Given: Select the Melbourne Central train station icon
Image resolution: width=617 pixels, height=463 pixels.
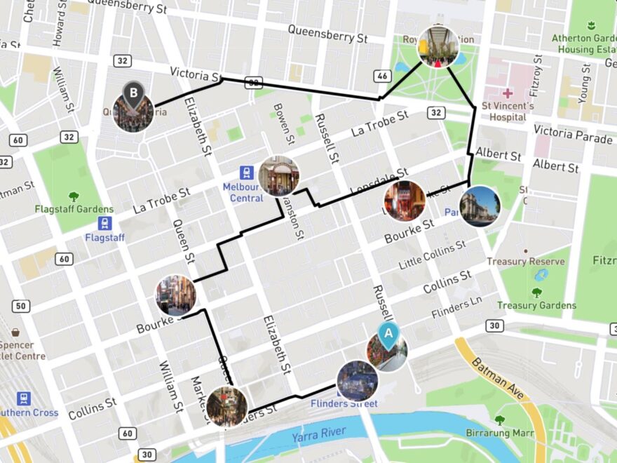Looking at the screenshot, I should [x=246, y=173].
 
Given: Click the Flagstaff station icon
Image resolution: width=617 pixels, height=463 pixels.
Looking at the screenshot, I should [x=104, y=224].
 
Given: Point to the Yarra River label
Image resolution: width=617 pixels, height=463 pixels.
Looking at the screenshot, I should [x=320, y=437].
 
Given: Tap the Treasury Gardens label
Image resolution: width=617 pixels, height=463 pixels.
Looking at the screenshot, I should [x=536, y=305].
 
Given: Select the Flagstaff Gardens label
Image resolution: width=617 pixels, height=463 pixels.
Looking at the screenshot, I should [x=74, y=209].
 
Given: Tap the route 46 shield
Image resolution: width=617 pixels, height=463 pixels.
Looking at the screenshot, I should [x=383, y=76].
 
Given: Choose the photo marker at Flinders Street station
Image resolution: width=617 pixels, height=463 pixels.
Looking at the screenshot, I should [x=358, y=381].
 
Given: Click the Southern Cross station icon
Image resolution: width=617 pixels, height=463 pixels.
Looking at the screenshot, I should [x=24, y=398].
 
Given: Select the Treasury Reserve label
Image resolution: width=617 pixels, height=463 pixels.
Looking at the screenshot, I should [x=536, y=262].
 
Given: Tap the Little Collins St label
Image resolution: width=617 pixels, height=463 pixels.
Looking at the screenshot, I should [x=432, y=255].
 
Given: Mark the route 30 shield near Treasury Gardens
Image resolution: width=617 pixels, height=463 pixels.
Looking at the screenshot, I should [x=496, y=326].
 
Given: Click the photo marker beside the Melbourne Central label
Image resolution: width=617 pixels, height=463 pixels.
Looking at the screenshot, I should [x=278, y=175].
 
